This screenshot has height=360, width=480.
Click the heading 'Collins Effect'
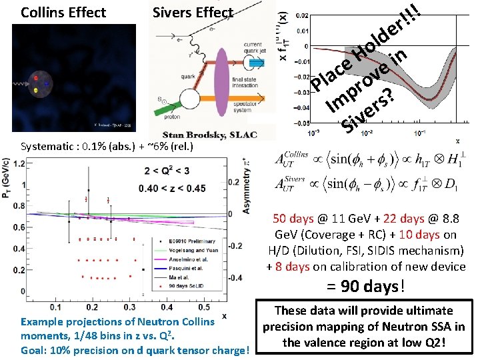click(x=63, y=13)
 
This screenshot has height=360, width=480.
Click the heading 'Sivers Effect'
click(x=193, y=13)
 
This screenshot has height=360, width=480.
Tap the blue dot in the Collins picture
click(x=47, y=85)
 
